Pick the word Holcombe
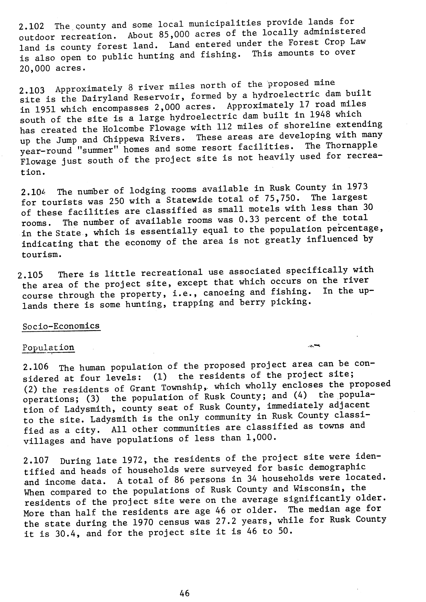click(123, 129)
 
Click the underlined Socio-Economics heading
click(61, 326)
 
